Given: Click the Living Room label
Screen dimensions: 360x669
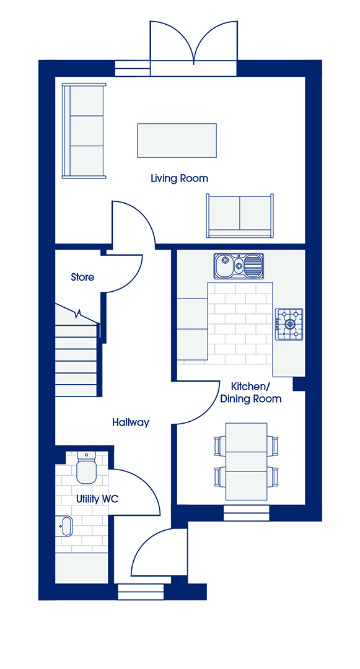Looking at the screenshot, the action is [x=179, y=178].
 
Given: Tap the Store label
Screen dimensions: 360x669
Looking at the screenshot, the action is [x=82, y=278].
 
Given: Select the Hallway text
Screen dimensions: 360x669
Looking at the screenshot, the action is [x=131, y=423].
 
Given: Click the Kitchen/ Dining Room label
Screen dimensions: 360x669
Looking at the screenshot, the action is [x=256, y=393].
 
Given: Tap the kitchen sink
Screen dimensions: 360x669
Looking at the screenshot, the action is [x=239, y=265].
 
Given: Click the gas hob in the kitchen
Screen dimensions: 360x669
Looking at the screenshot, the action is [x=289, y=324].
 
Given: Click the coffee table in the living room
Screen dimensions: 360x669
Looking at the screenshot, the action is [x=177, y=141].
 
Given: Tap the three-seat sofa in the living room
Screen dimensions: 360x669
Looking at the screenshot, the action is [x=84, y=131].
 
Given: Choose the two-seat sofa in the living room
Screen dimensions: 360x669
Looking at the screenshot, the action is [x=239, y=216].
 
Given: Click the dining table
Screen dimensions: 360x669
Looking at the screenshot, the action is [x=247, y=461].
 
